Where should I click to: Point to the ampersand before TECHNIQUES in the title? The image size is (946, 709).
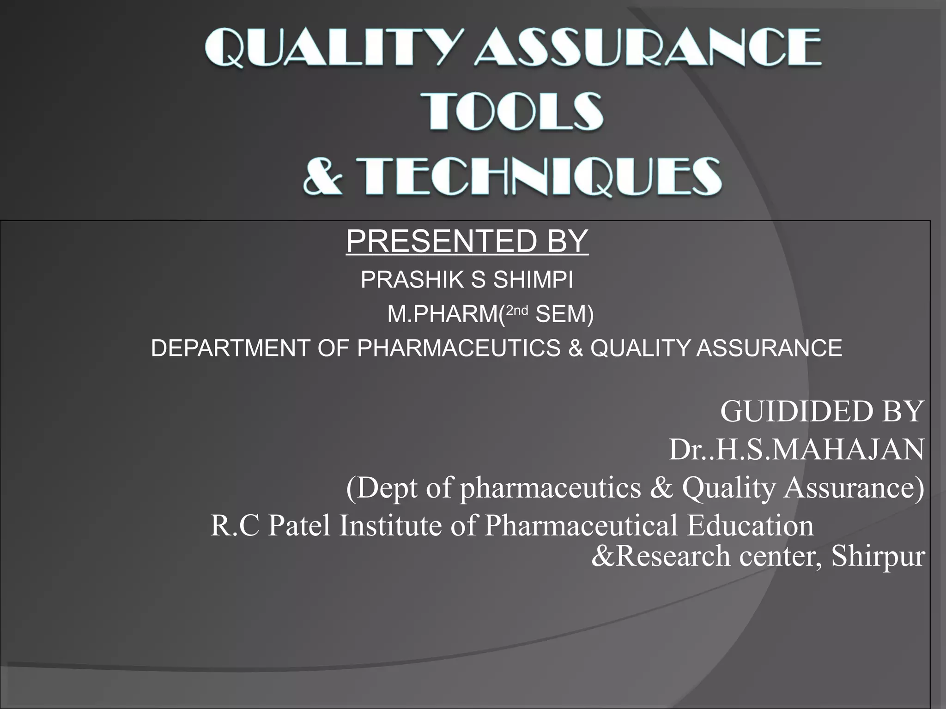[323, 177]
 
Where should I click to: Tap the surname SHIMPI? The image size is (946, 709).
[533, 280]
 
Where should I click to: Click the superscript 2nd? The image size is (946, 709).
[517, 311]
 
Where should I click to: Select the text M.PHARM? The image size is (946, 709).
[443, 314]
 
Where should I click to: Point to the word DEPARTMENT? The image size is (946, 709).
[230, 348]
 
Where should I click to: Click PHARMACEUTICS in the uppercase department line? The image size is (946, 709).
[459, 348]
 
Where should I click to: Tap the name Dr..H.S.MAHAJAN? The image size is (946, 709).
[796, 450]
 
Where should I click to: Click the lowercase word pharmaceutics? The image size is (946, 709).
[550, 488]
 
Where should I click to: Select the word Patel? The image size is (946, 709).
[299, 526]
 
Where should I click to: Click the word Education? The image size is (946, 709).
[750, 526]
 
